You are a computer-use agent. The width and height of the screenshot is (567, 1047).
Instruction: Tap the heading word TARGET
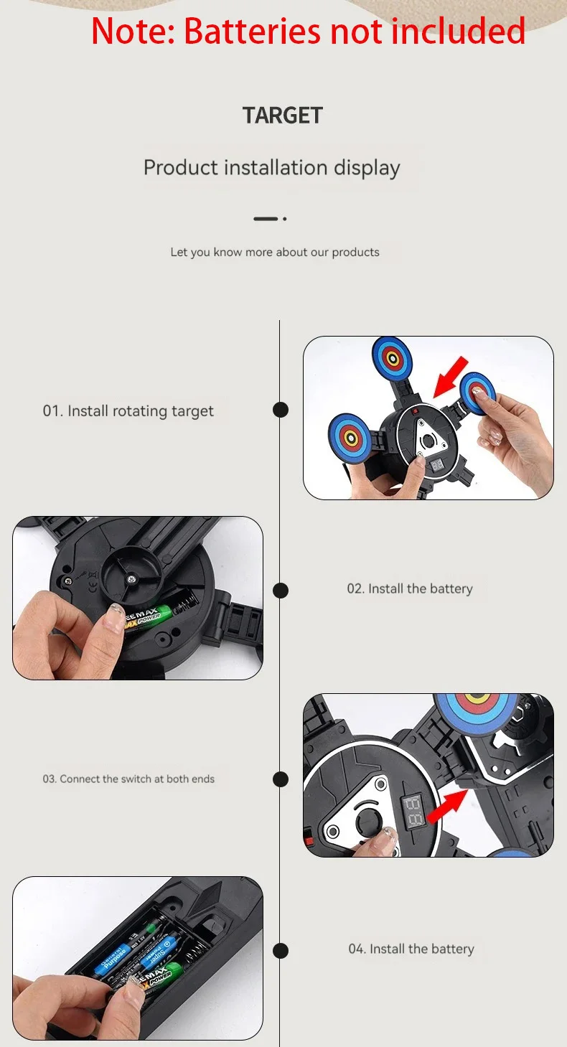click(x=283, y=116)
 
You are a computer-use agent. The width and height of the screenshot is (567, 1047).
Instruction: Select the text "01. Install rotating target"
click(x=128, y=411)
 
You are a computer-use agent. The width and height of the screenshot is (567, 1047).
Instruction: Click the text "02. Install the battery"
click(x=410, y=589)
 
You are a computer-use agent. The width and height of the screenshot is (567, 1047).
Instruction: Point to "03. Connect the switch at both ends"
click(x=128, y=779)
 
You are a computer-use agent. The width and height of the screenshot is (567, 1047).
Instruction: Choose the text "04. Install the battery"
click(x=411, y=949)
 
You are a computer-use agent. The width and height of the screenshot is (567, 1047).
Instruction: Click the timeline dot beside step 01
click(x=281, y=410)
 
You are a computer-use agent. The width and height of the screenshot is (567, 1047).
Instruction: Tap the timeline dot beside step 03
click(x=281, y=779)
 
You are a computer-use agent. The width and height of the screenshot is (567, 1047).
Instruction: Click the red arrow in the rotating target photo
click(x=451, y=376)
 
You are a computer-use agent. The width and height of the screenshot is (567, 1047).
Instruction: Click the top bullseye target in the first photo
click(x=391, y=357)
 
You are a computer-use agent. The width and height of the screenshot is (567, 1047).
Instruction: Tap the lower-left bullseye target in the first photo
click(x=350, y=436)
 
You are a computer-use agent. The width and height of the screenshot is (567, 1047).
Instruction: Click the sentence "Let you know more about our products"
click(x=275, y=253)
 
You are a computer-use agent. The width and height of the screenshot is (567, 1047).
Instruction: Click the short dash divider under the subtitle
click(x=266, y=218)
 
